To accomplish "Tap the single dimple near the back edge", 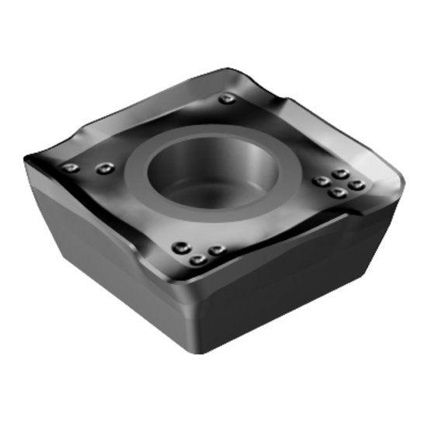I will click(225, 99).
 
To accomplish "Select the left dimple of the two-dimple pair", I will click(72, 168).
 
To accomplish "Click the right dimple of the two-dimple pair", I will click(105, 167).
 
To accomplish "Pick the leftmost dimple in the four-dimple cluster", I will click(318, 182).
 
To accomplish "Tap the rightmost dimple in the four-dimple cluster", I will click(356, 185).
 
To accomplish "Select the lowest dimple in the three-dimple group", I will click(198, 260).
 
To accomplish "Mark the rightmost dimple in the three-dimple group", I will click(217, 250).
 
